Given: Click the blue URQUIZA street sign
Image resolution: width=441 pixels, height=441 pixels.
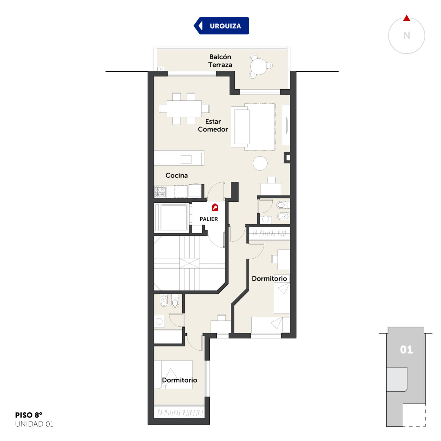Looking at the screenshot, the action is [x=221, y=26].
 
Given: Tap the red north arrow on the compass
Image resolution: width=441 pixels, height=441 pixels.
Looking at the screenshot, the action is [x=407, y=18].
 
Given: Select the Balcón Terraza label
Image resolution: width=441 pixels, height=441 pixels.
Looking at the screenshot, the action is [x=220, y=61].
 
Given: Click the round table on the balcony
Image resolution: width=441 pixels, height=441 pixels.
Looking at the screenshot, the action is [x=259, y=66].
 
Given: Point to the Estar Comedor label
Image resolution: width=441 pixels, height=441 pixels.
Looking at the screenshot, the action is [x=213, y=125].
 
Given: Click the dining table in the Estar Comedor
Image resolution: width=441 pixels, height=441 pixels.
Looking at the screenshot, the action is [x=184, y=109].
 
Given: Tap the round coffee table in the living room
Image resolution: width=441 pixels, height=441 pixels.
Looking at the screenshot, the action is [x=260, y=163].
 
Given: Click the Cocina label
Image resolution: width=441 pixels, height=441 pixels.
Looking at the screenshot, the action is [x=176, y=175].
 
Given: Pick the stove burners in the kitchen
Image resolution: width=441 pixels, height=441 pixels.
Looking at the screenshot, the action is [x=160, y=192].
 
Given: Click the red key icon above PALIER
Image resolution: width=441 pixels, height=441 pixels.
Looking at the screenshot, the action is [x=215, y=207].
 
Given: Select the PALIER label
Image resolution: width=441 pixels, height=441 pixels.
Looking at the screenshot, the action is [x=209, y=219].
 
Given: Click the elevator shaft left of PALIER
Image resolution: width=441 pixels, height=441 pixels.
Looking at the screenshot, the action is [x=172, y=218].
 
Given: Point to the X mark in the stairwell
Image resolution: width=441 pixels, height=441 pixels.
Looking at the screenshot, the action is [x=190, y=263].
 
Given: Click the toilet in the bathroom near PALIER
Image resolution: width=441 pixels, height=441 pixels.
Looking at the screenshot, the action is [x=283, y=205].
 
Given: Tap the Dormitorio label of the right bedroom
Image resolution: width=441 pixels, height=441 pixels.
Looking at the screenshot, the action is [x=269, y=279].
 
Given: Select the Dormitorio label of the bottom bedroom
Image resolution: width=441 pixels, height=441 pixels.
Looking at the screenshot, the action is [x=179, y=380].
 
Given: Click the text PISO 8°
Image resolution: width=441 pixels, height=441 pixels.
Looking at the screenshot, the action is [x=29, y=415].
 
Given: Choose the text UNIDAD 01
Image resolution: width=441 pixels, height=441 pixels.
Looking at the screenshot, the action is [x=34, y=424].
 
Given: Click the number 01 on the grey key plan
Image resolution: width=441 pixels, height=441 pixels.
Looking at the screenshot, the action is [x=406, y=350].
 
